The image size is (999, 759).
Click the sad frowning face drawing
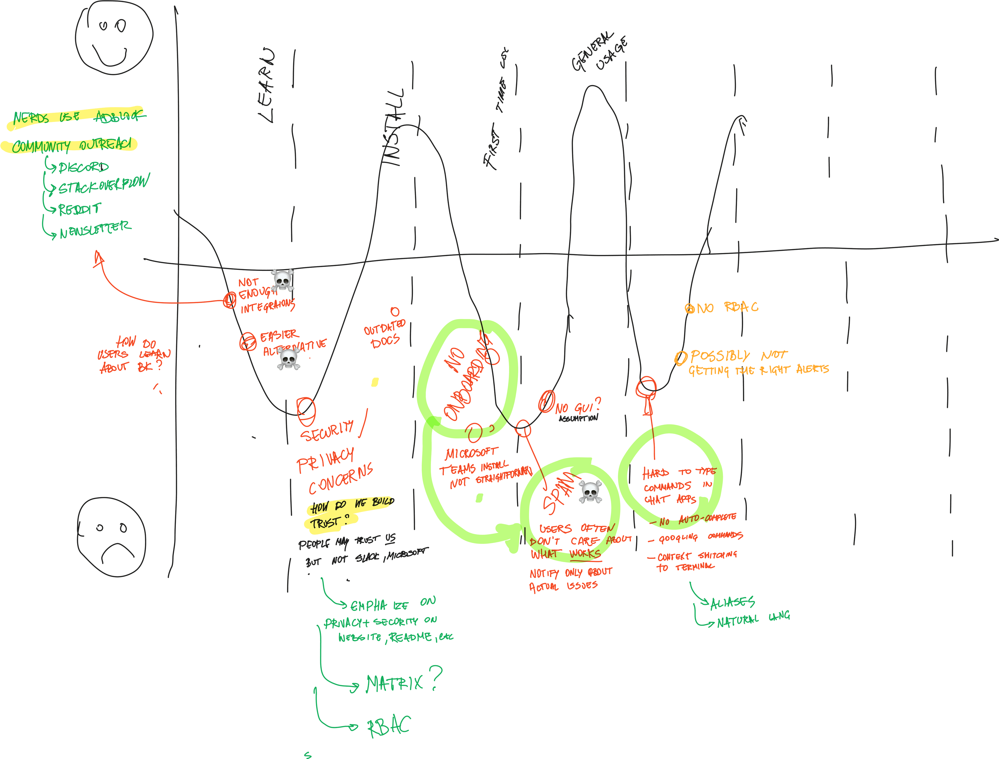[111, 537]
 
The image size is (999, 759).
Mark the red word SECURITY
[327, 431]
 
